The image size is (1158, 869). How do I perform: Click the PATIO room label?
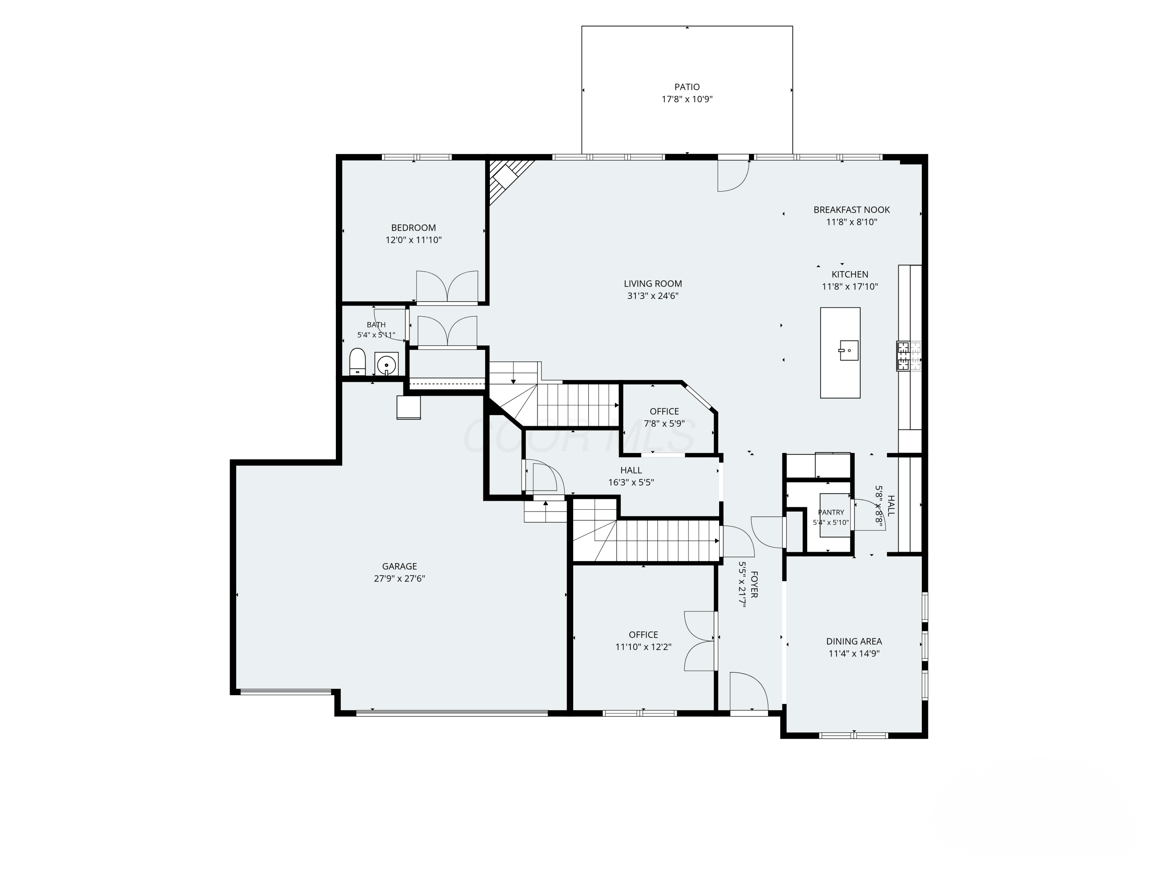[x=687, y=87]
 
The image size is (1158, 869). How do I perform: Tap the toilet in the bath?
[x=357, y=362]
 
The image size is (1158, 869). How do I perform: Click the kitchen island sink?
[x=848, y=350]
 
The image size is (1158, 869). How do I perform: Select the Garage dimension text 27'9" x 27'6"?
[x=400, y=579]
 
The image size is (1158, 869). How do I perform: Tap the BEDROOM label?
[x=413, y=228]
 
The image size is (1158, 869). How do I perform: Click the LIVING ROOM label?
[x=653, y=284]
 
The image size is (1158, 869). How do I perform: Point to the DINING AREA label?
[x=854, y=641]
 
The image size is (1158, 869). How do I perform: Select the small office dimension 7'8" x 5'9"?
[x=664, y=424]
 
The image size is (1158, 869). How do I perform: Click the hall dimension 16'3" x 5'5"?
[x=631, y=482]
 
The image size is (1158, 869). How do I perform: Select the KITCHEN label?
[x=850, y=275]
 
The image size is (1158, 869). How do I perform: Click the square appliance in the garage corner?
[x=408, y=407]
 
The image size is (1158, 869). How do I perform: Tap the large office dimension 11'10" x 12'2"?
[x=643, y=647]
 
